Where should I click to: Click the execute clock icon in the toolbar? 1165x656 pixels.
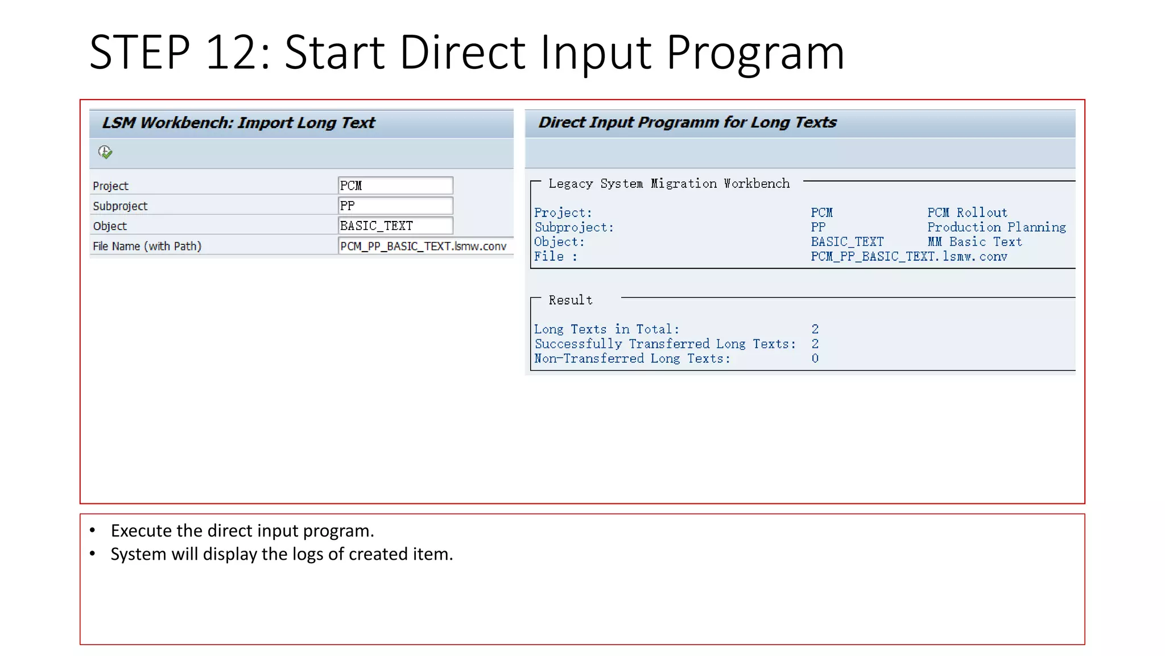click(x=105, y=152)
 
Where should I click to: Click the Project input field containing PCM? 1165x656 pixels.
click(x=395, y=186)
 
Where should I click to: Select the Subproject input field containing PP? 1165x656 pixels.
click(x=395, y=206)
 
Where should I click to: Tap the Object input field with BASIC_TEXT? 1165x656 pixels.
click(x=395, y=225)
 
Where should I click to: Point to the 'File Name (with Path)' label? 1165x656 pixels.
click(x=147, y=246)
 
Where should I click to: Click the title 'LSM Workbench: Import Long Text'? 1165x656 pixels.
click(x=238, y=122)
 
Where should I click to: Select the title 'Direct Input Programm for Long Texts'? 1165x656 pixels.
click(x=687, y=122)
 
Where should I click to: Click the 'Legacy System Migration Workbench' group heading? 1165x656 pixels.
click(x=669, y=183)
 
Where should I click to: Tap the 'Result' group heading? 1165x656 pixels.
click(x=570, y=300)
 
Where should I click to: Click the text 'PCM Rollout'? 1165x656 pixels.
click(x=967, y=213)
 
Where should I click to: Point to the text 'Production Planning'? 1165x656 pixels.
click(x=997, y=227)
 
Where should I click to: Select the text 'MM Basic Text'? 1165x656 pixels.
click(x=974, y=242)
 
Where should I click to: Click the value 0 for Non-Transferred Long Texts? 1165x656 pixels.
click(x=815, y=359)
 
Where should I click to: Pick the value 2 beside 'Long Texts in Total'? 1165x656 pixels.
click(x=815, y=329)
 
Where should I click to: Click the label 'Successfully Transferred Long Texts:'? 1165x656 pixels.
click(x=665, y=344)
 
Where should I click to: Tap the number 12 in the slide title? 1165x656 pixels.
click(x=229, y=52)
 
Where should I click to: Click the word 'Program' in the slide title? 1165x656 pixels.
click(x=755, y=52)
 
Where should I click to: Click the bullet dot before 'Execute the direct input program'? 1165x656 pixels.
click(x=93, y=531)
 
